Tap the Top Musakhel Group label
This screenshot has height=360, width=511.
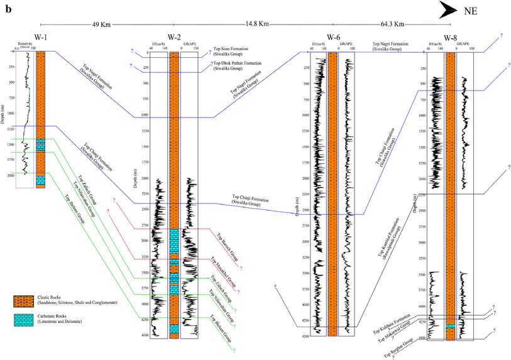coord(223,271)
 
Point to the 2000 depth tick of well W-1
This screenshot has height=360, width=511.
coord(12,175)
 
